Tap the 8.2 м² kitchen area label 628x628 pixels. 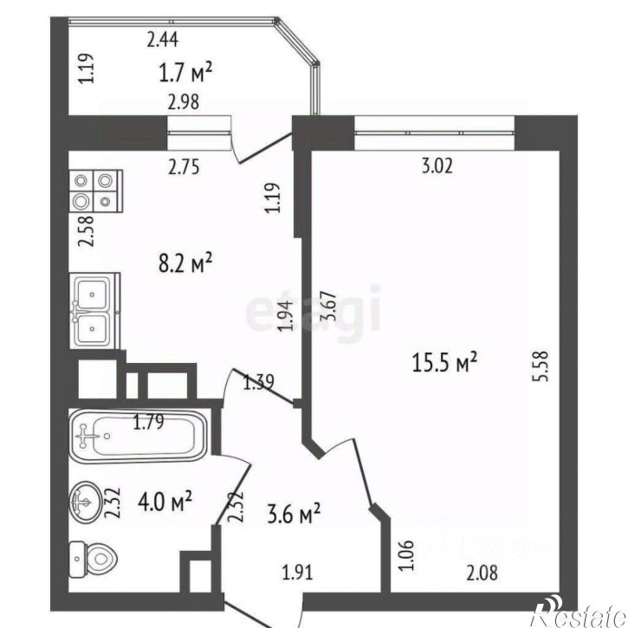[x=183, y=262]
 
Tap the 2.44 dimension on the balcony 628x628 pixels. [x=163, y=37]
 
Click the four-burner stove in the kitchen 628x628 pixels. [x=94, y=191]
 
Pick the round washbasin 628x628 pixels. [x=85, y=501]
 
